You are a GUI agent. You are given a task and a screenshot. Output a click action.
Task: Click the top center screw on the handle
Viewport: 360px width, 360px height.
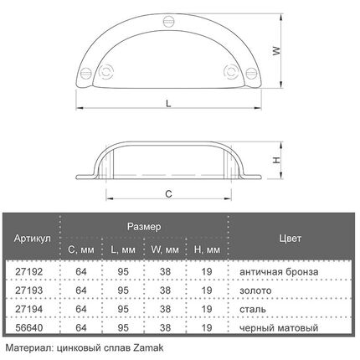point(168,22)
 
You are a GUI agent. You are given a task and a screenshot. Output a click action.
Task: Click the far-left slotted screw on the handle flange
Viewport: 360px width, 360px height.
point(86,74)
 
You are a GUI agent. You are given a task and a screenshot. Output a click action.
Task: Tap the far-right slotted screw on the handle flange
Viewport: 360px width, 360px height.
point(251,74)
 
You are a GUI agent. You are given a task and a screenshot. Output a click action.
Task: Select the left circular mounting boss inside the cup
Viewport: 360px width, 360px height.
point(106,71)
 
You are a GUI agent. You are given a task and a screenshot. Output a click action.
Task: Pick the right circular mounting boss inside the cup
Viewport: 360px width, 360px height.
point(231,71)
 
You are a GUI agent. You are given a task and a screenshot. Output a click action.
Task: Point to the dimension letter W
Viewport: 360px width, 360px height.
point(276,51)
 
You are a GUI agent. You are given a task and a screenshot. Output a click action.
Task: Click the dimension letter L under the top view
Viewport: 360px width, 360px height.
point(168,104)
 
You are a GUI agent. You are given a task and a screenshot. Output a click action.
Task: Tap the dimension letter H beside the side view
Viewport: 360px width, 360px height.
point(276,160)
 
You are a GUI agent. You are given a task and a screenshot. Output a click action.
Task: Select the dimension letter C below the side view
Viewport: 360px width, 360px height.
point(168,193)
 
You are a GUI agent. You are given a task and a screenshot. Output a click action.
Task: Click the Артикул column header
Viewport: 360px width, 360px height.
point(33,239)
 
